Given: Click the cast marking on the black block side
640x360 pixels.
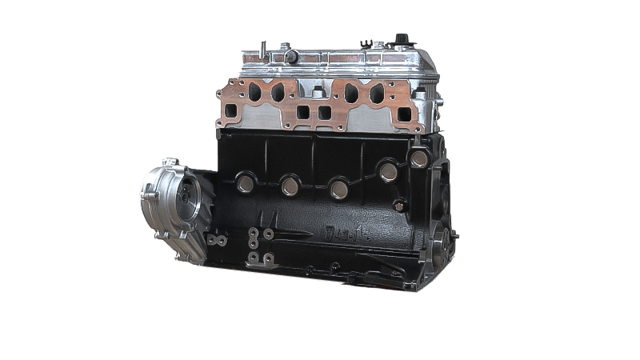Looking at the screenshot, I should click(343, 234).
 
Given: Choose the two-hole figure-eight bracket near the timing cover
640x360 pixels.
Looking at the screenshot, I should click(214, 239).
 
